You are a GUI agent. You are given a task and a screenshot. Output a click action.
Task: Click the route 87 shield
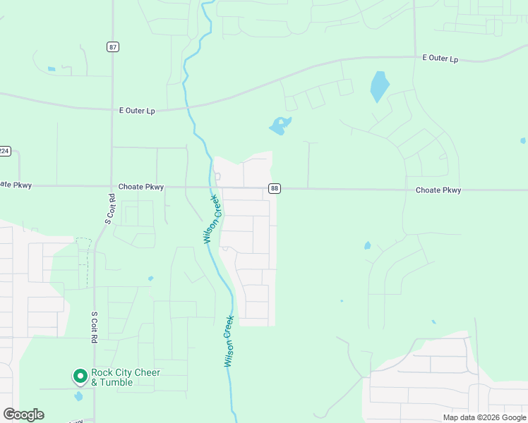point(114,47)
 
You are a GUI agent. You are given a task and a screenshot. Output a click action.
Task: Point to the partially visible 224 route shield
point(4,151)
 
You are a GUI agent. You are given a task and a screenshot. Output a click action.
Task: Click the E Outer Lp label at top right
point(440,59)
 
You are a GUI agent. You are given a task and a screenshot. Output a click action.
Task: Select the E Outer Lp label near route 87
point(137,111)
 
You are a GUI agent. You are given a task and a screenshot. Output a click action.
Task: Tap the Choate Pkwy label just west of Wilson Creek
point(141,187)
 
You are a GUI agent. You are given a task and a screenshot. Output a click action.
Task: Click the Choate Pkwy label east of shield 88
point(438,190)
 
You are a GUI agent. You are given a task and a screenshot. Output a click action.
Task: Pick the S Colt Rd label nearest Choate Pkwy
point(109,209)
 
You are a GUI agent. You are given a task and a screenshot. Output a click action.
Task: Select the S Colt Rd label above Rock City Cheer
point(93,327)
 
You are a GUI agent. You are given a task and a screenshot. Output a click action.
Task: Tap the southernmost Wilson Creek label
point(229,341)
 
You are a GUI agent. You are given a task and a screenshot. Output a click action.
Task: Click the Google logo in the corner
point(23,415)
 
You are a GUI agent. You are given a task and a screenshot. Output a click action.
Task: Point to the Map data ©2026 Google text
point(484,417)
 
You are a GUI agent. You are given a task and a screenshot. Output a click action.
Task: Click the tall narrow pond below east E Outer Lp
point(380,87)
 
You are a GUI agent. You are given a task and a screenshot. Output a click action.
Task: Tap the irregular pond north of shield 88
point(280,126)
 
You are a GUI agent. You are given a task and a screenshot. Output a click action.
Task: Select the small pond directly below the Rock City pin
point(78,396)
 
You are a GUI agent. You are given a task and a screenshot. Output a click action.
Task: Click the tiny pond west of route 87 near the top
point(51,69)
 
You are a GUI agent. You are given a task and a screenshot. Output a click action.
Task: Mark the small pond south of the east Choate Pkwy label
point(367,245)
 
